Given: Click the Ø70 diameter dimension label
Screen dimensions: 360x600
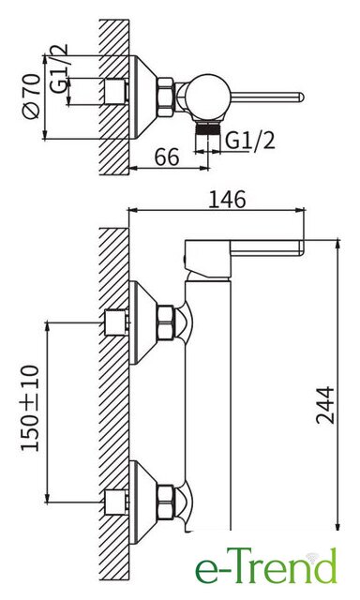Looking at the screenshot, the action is [x=32, y=97].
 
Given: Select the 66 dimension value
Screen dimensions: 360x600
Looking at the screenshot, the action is [x=167, y=157].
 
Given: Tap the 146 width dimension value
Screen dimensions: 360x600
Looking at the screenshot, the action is [x=227, y=200].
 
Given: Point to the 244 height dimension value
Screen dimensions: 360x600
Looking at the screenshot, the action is [x=325, y=405].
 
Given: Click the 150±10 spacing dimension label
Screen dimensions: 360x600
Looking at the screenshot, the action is [x=30, y=409].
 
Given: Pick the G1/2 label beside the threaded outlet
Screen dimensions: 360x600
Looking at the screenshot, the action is [x=249, y=141].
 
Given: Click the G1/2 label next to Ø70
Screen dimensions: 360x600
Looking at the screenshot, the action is [x=59, y=68].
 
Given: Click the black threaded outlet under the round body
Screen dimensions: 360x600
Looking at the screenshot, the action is [x=208, y=128].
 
